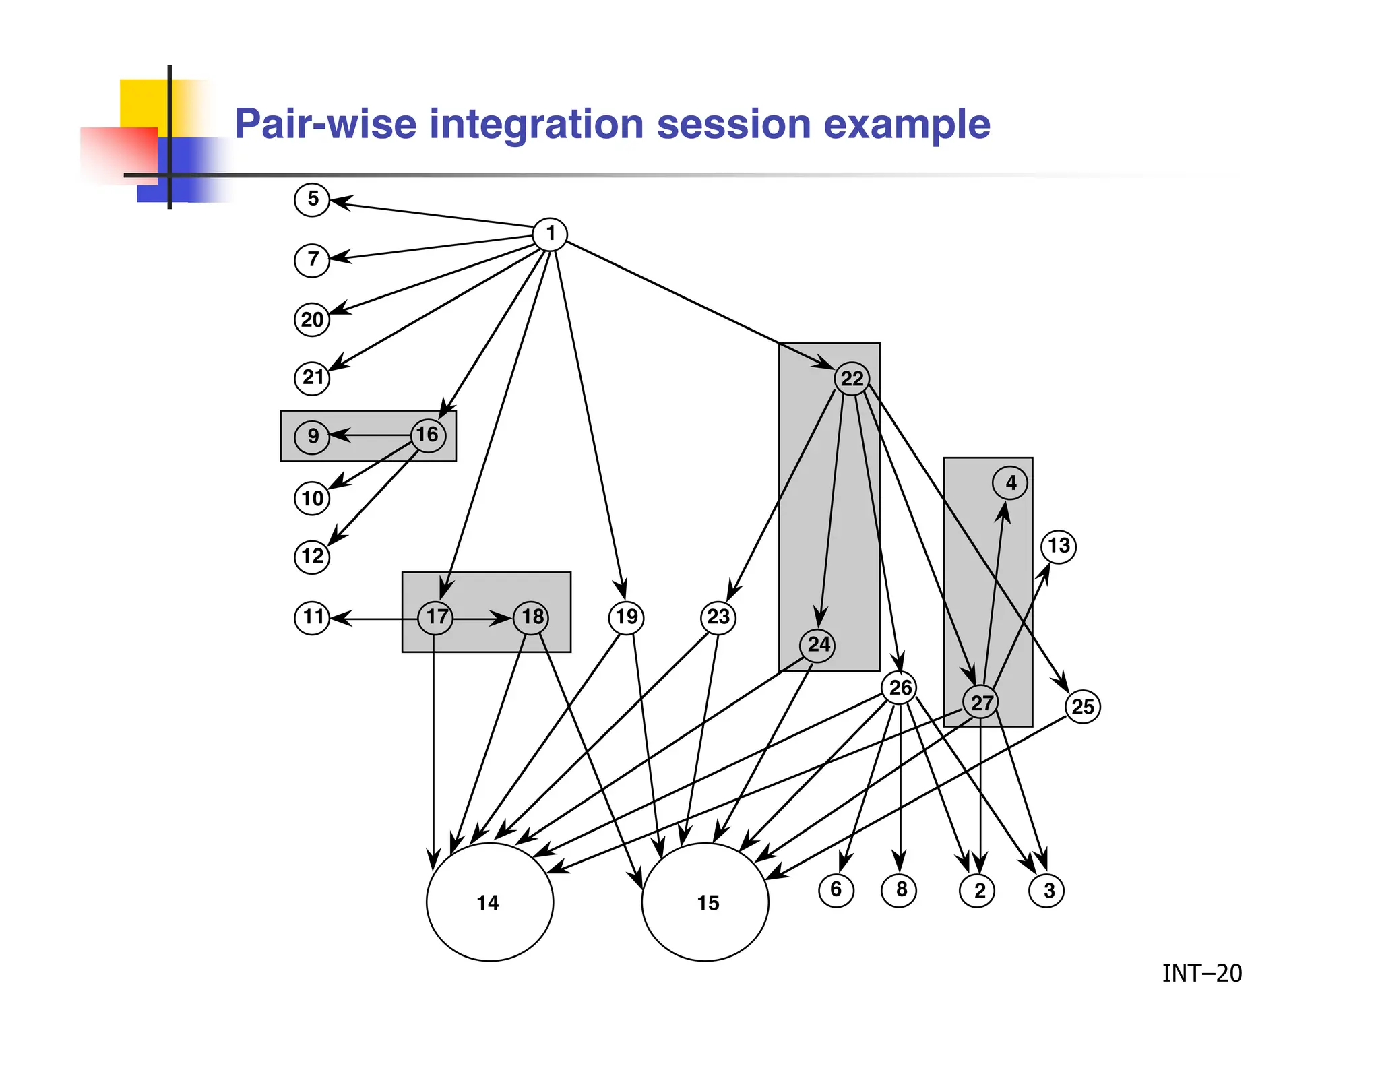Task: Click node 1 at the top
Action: coord(550,234)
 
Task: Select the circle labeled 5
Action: coord(312,199)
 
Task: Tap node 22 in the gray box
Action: coord(852,379)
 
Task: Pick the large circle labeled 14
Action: coord(490,902)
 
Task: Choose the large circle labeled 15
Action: coord(705,902)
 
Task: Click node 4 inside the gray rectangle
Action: coord(1010,483)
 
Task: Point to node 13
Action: coord(1059,546)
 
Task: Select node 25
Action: coord(1083,707)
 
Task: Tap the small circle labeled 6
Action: coord(836,889)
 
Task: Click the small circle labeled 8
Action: coord(900,889)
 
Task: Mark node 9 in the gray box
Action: coord(312,436)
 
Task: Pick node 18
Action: coord(532,617)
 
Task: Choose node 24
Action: coord(818,645)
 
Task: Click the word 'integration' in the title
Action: coord(536,125)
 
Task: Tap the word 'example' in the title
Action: coord(906,125)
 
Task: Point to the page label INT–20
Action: coord(1201,974)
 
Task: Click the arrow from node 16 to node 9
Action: coord(371,435)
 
